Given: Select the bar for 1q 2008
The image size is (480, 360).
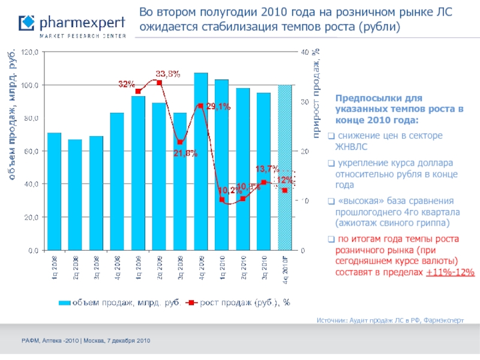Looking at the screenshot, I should point(54,191).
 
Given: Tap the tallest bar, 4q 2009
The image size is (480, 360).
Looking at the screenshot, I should point(201,161).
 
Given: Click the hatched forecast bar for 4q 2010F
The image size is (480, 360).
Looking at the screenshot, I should point(285,167).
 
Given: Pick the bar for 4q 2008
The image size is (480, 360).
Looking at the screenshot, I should point(117,181).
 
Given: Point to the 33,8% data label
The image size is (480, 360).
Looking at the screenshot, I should point(169,74).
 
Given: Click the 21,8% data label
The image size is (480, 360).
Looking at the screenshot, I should point(185,152).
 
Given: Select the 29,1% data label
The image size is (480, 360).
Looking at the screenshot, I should point(218,106).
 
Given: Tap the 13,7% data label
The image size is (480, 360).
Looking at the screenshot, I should point(267,168).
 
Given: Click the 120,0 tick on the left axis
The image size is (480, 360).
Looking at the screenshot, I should point(31,53).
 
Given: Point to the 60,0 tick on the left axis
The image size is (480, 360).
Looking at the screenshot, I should point(31,151).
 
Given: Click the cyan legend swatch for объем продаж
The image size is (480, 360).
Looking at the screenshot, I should point(64,303).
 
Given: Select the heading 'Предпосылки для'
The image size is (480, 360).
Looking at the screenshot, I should point(378,98).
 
